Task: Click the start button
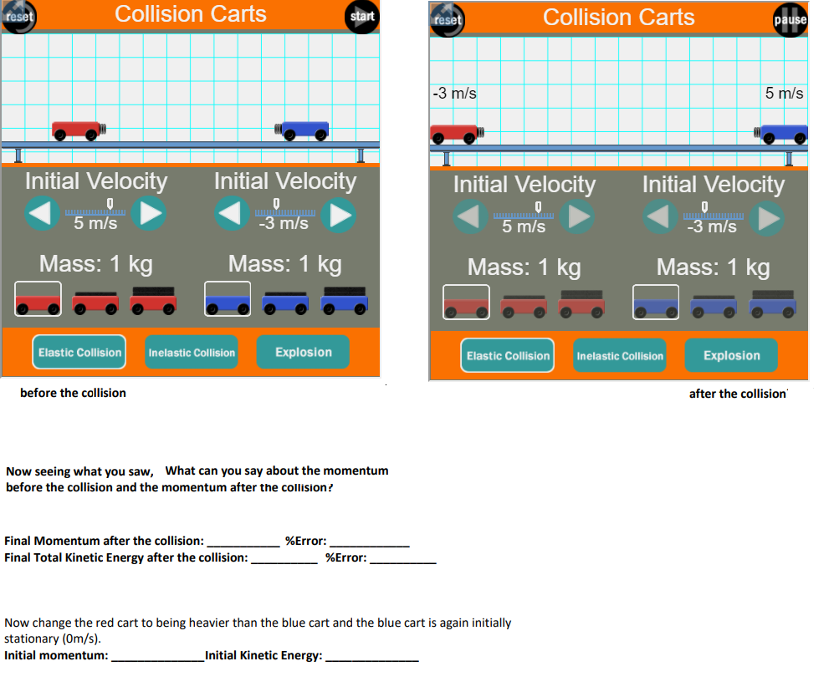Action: click(361, 17)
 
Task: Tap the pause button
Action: click(791, 20)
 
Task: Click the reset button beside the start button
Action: click(18, 17)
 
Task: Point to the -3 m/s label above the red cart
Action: click(455, 94)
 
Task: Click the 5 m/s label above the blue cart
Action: click(784, 94)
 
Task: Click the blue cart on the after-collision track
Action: click(784, 133)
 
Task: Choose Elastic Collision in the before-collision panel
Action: click(79, 353)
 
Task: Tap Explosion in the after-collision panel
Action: click(731, 356)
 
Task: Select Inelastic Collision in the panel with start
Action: click(192, 353)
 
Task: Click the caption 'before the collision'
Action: click(73, 393)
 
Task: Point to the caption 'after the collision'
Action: click(738, 394)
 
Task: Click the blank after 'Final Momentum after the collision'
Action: click(243, 542)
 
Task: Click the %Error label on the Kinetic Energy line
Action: click(345, 558)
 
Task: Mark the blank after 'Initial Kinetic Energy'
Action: click(371, 656)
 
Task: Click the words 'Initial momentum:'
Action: click(56, 656)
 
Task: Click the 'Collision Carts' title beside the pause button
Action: click(618, 18)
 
